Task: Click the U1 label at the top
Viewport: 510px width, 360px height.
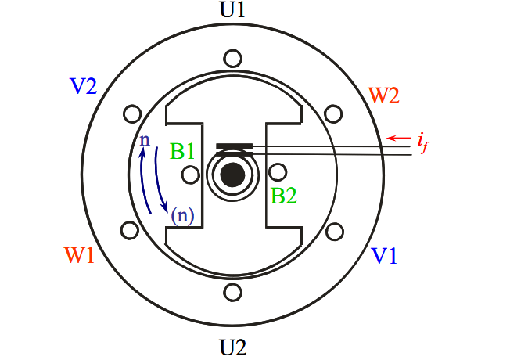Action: click(x=232, y=9)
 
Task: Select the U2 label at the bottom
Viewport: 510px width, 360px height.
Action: click(x=233, y=347)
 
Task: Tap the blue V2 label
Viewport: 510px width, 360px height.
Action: click(x=83, y=86)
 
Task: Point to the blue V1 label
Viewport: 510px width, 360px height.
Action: click(x=384, y=255)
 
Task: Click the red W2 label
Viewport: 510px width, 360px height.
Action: click(x=383, y=95)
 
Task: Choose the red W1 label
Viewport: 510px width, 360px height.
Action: click(x=79, y=255)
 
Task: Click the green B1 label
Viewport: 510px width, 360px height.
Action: click(x=182, y=151)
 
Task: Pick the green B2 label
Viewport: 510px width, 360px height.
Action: click(x=284, y=196)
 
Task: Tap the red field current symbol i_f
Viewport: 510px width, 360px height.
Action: click(x=423, y=143)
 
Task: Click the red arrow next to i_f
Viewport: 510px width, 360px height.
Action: click(x=399, y=139)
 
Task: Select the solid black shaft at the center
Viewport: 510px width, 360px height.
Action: click(x=232, y=175)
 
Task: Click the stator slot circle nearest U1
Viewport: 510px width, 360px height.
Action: click(x=232, y=59)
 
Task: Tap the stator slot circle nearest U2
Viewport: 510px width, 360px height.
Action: click(x=232, y=292)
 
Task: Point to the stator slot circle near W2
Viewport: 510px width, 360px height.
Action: click(x=333, y=114)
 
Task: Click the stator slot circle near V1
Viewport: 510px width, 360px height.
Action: click(x=334, y=232)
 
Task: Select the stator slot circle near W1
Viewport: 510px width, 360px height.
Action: click(x=130, y=230)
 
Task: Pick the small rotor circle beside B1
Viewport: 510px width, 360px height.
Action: click(x=190, y=175)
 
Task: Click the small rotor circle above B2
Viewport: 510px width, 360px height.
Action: click(x=278, y=172)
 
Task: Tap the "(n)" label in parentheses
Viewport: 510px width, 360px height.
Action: click(x=183, y=215)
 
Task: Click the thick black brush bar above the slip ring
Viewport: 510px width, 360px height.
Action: click(x=235, y=146)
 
